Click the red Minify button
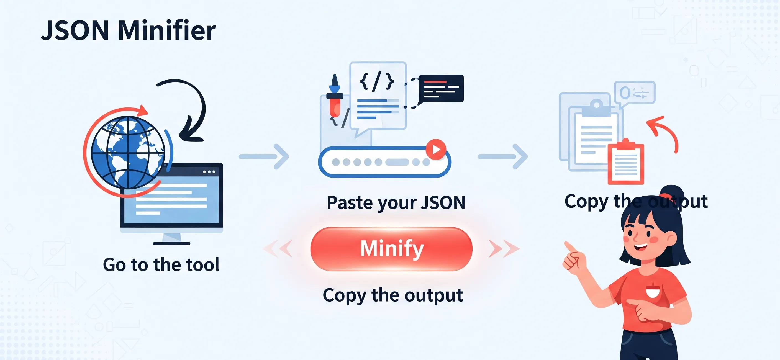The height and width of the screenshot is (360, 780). (391, 249)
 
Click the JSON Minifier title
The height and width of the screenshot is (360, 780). (129, 30)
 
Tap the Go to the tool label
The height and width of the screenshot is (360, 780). (161, 265)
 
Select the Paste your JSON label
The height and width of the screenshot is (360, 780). (396, 202)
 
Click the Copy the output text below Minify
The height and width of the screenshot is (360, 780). (393, 295)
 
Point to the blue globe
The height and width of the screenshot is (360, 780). (128, 153)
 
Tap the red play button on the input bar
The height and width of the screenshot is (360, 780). (436, 149)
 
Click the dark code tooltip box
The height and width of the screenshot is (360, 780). (441, 88)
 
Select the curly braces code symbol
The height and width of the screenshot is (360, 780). (377, 81)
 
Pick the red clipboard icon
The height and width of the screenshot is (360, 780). (625, 163)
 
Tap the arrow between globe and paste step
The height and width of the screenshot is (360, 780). (264, 156)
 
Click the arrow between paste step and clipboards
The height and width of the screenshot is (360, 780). (503, 156)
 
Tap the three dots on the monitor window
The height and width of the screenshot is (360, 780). (209, 172)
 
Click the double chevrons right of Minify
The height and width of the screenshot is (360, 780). (504, 249)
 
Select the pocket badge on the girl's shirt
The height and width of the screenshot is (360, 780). (653, 291)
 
